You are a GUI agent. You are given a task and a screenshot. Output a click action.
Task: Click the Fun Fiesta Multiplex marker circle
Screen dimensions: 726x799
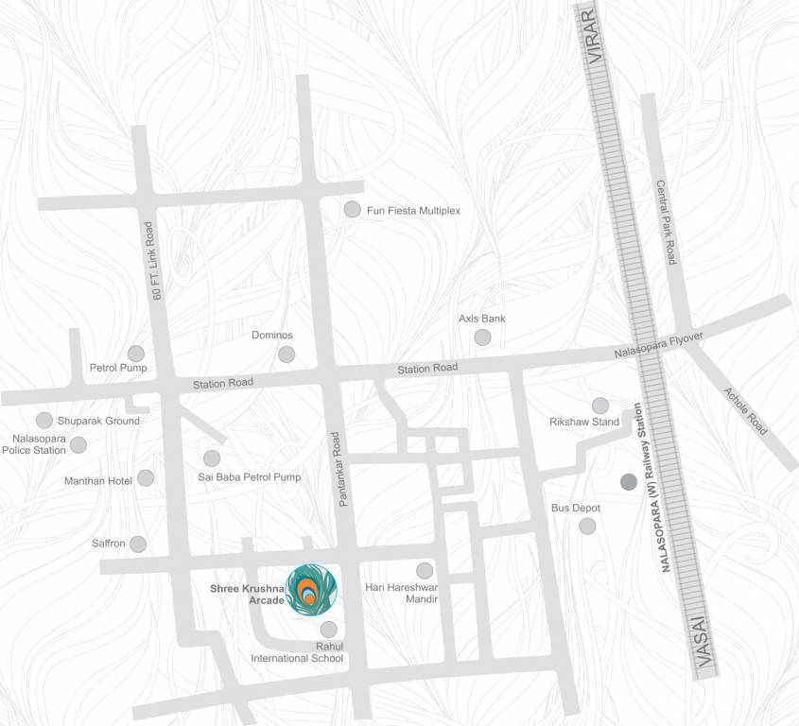pyautogui.click(x=352, y=209)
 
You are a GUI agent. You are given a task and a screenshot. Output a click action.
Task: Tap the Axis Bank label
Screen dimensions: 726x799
pyautogui.click(x=481, y=319)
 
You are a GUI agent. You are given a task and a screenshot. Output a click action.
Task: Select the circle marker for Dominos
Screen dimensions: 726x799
pyautogui.click(x=286, y=354)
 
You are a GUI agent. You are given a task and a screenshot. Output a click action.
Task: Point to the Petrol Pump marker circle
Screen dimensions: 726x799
pyautogui.click(x=136, y=353)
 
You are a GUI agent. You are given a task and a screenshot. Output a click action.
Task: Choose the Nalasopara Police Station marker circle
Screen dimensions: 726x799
pyautogui.click(x=78, y=444)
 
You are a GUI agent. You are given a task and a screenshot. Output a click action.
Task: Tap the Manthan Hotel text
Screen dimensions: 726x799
pyautogui.click(x=97, y=481)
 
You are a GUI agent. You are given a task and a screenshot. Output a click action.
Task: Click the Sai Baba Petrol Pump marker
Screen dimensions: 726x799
pyautogui.click(x=212, y=458)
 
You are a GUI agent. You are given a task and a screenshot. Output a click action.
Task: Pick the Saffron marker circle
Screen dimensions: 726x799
pyautogui.click(x=138, y=544)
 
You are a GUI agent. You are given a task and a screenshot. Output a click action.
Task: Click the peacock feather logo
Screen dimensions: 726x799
pyautogui.click(x=312, y=591)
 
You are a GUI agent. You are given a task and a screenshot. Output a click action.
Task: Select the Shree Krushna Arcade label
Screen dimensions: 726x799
pyautogui.click(x=246, y=593)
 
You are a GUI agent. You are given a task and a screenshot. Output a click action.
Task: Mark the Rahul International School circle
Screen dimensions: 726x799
pyautogui.click(x=328, y=629)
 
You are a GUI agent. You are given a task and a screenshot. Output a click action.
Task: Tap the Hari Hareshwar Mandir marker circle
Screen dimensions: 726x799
pyautogui.click(x=425, y=570)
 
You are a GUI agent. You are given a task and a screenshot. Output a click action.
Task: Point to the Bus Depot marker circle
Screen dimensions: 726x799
pyautogui.click(x=587, y=526)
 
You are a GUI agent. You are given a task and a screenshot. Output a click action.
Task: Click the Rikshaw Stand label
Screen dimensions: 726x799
pyautogui.click(x=584, y=422)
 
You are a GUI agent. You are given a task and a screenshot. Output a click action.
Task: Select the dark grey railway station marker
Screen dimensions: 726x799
pyautogui.click(x=628, y=482)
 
